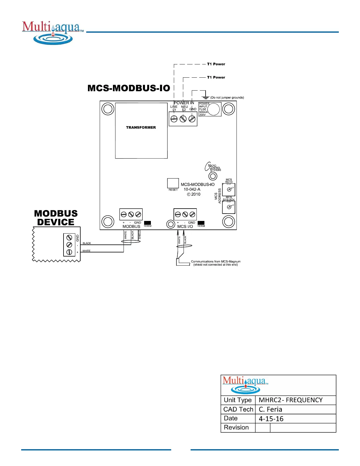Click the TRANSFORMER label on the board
click(141, 127)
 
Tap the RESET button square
click(173, 183)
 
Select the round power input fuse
click(214, 109)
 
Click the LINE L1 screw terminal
click(174, 119)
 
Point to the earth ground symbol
click(206, 96)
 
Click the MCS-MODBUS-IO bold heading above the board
click(129, 88)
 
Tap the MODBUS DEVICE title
click(56, 218)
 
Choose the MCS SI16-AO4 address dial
click(229, 207)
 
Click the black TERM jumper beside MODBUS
click(147, 223)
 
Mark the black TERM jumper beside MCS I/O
click(201, 223)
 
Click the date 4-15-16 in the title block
click(271, 419)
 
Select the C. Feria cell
click(270, 409)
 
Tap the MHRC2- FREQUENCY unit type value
click(291, 400)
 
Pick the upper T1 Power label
click(216, 64)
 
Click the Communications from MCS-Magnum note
click(216, 263)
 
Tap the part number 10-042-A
click(192, 189)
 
